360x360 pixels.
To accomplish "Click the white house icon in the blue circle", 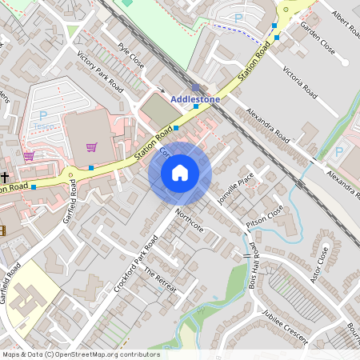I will (x=180, y=173).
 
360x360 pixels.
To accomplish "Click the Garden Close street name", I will (x=317, y=36).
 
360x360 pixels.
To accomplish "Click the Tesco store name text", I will (x=46, y=126).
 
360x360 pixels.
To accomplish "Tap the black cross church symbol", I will (x=5, y=177).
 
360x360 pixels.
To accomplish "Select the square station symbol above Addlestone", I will (x=196, y=88).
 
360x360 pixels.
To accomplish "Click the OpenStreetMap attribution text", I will (x=80, y=354).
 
